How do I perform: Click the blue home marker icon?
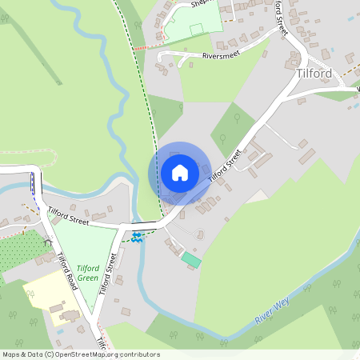point(180,173)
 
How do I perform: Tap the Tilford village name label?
point(313,74)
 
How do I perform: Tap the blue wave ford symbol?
point(137,237)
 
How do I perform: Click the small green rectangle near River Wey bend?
point(191,259)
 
